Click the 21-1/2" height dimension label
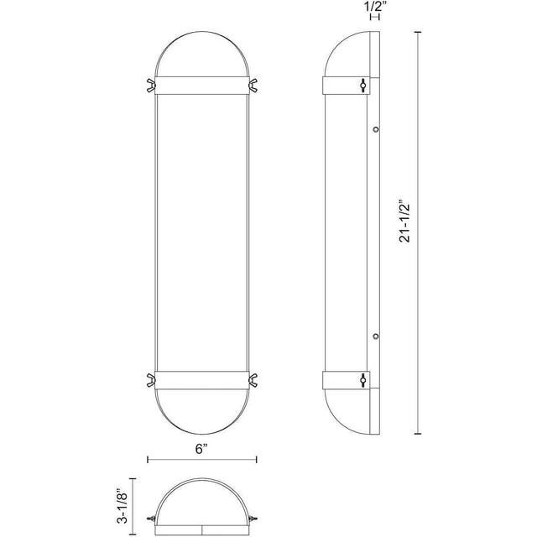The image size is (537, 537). click(x=404, y=222)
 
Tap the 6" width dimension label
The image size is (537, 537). click(x=201, y=448)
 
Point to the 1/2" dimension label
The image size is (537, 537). click(x=375, y=8)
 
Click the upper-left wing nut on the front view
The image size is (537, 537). click(x=151, y=86)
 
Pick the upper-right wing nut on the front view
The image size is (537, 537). click(x=253, y=86)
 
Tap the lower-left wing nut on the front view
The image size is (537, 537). click(x=151, y=380)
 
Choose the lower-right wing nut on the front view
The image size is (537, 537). click(x=253, y=380)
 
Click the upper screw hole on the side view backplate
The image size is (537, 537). click(x=376, y=129)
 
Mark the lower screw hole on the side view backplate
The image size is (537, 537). click(x=376, y=336)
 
